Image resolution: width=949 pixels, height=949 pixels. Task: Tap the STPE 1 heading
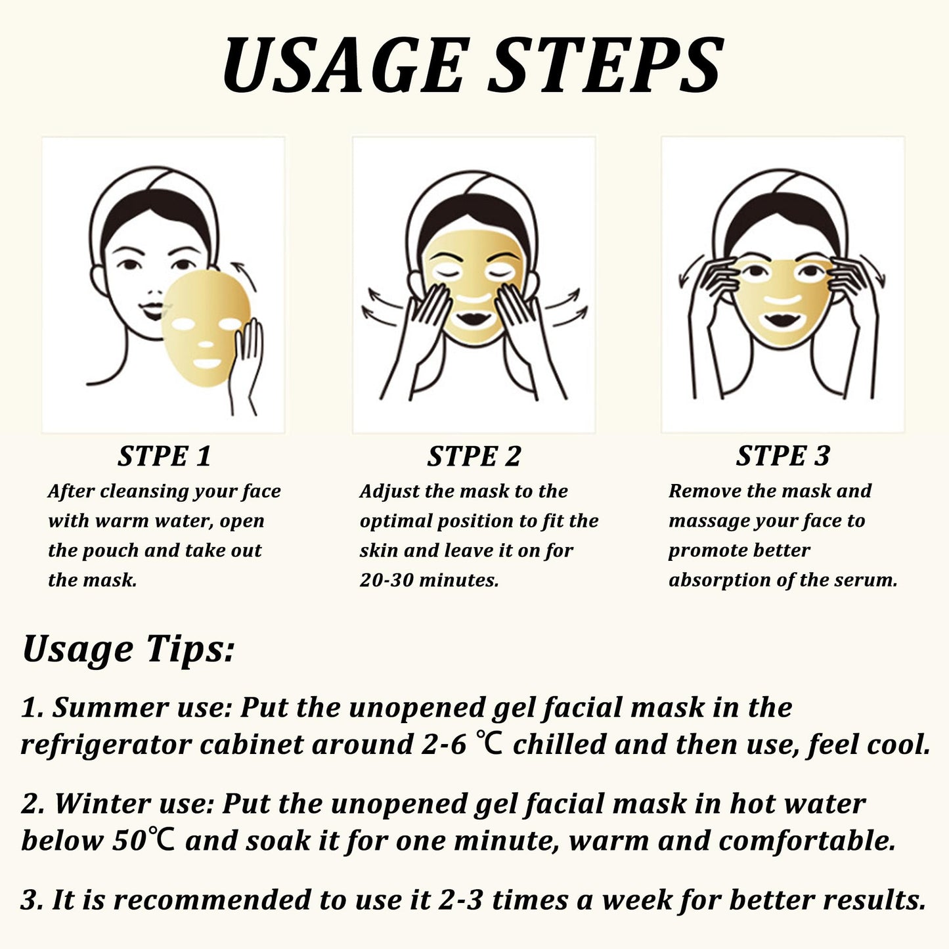click(x=164, y=456)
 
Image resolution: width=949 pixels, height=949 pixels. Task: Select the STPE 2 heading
click(x=474, y=456)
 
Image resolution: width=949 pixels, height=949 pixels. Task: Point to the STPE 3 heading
click(x=783, y=456)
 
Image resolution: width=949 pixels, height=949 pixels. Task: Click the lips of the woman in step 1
click(x=151, y=309)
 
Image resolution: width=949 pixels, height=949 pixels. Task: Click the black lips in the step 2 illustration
click(x=473, y=317)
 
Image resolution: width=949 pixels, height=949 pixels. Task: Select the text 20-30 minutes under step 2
click(x=429, y=580)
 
